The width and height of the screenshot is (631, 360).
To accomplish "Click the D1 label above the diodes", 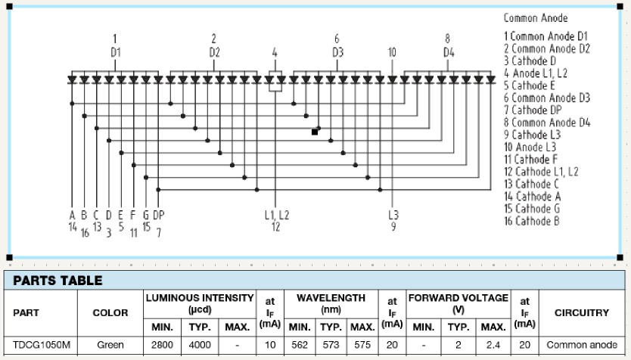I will point(115,52).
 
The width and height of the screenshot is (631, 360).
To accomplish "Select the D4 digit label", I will point(448,52).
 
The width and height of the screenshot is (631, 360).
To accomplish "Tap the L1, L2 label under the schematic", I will point(276,215).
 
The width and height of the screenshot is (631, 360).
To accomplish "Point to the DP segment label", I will point(158,215).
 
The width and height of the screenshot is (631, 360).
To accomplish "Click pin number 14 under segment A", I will point(73,226).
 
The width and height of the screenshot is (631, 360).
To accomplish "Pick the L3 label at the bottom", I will point(393,215).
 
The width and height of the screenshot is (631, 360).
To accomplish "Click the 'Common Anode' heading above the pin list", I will point(535,17).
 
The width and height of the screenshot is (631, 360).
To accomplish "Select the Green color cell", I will point(110,345).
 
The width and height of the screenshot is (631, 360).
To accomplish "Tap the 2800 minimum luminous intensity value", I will point(163,345).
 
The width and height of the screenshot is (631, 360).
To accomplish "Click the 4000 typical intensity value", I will point(200,345).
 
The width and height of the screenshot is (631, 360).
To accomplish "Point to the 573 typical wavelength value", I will point(331,345).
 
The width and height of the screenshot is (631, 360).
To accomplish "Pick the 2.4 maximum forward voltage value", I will point(493,345).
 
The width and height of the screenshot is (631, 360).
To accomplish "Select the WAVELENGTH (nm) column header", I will point(331,303).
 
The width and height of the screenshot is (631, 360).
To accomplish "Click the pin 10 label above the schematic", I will point(391,52).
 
